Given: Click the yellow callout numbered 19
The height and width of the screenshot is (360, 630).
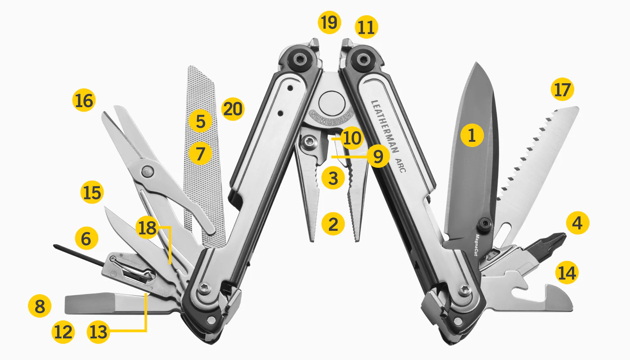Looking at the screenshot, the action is click(x=329, y=22).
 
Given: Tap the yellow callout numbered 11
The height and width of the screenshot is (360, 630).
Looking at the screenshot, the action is click(x=366, y=27).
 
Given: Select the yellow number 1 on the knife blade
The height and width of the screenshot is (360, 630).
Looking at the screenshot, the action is click(x=472, y=135).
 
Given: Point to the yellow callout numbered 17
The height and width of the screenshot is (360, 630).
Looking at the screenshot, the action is click(x=562, y=90).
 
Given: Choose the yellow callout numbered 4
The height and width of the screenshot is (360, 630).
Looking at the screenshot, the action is click(x=577, y=223).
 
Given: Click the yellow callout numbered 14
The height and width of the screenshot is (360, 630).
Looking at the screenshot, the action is click(x=567, y=273).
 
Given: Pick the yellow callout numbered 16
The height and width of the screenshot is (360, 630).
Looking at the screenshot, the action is click(x=84, y=100).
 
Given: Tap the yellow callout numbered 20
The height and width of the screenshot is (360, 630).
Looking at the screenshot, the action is click(x=233, y=109).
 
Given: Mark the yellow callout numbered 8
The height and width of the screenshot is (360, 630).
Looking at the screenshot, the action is click(x=40, y=306).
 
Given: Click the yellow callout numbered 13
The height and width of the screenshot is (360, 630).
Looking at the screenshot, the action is click(x=99, y=332).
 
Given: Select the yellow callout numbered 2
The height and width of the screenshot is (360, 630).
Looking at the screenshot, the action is click(x=333, y=224).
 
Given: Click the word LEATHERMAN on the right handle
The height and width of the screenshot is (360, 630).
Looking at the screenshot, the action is click(x=385, y=126).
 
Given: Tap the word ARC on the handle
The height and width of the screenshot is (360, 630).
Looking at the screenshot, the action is click(x=400, y=166).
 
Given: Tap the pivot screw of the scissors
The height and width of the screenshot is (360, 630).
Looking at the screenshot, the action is click(x=148, y=171).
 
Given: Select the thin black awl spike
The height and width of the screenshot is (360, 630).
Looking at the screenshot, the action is click(x=79, y=256).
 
